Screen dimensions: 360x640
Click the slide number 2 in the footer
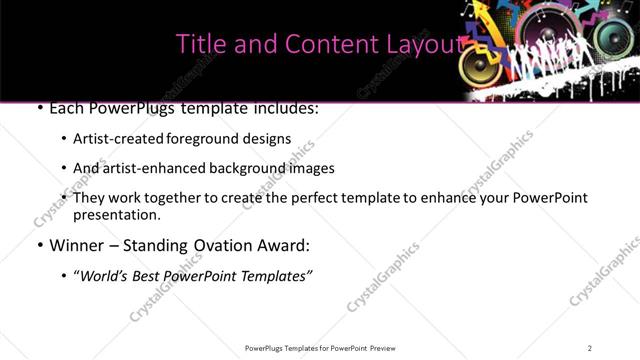coord(590,348)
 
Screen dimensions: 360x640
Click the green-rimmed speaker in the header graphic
coord(621,39)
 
